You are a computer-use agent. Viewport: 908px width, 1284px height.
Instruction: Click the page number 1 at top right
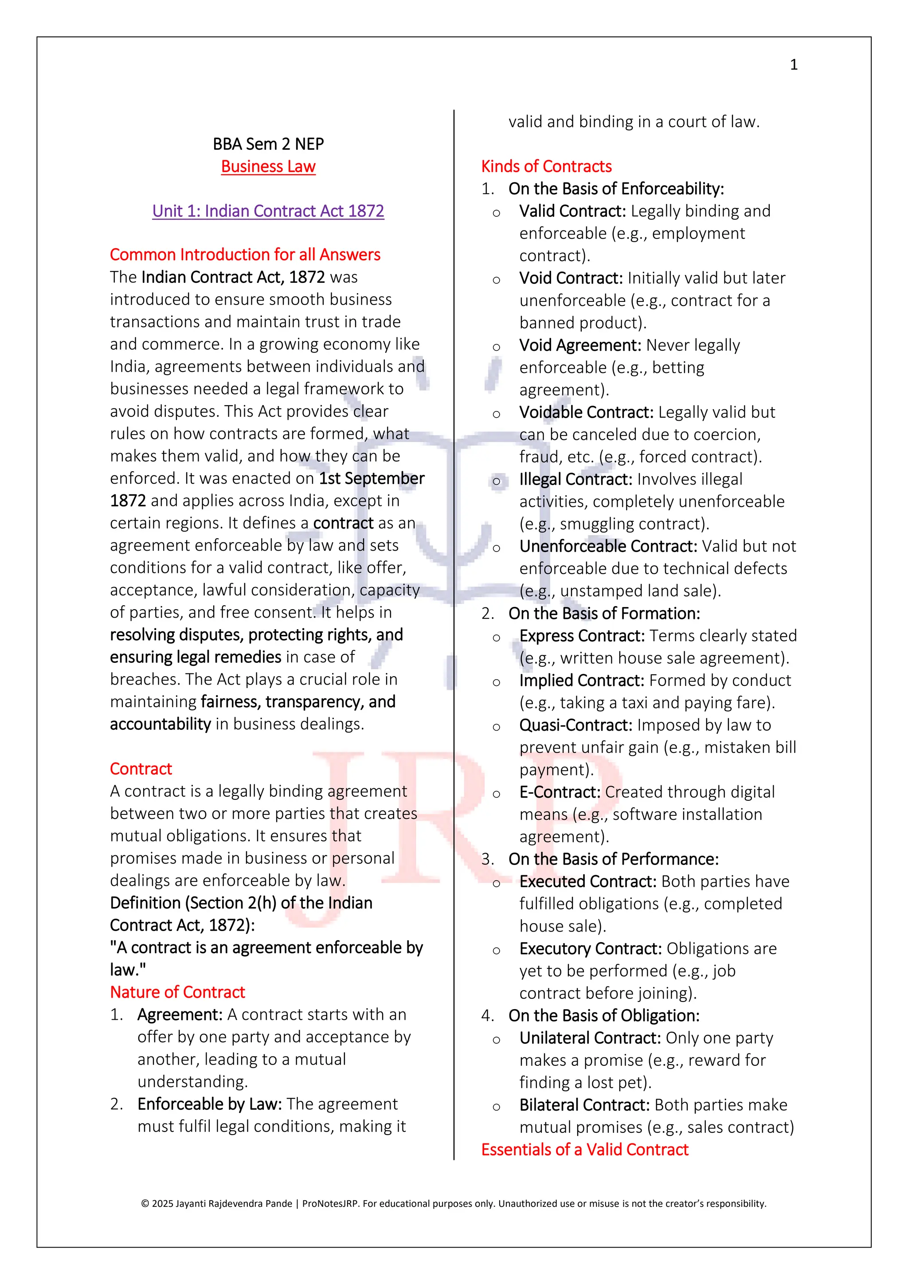tap(793, 65)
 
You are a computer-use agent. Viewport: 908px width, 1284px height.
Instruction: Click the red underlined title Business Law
tap(268, 167)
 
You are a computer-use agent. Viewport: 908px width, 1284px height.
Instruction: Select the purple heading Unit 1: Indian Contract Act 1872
tap(268, 211)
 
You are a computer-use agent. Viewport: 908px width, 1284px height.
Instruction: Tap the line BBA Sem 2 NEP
tap(268, 144)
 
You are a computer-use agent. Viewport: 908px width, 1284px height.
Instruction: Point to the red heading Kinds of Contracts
tap(546, 166)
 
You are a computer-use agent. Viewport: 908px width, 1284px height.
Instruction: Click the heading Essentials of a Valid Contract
tap(584, 1149)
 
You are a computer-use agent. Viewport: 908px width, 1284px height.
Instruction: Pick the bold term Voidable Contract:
tap(586, 412)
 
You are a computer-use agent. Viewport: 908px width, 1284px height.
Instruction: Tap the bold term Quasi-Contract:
tap(575, 725)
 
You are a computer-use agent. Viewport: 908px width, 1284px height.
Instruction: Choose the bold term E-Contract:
tap(560, 792)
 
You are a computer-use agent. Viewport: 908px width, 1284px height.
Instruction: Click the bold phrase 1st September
tap(371, 478)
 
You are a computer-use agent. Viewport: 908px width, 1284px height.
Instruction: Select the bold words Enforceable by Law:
tap(210, 1104)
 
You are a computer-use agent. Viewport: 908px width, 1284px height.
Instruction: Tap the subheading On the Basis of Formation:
tap(604, 614)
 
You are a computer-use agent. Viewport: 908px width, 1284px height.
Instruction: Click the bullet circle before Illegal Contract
tap(497, 481)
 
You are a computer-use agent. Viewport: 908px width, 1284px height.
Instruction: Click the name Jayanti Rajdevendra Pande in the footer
tap(234, 1203)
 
